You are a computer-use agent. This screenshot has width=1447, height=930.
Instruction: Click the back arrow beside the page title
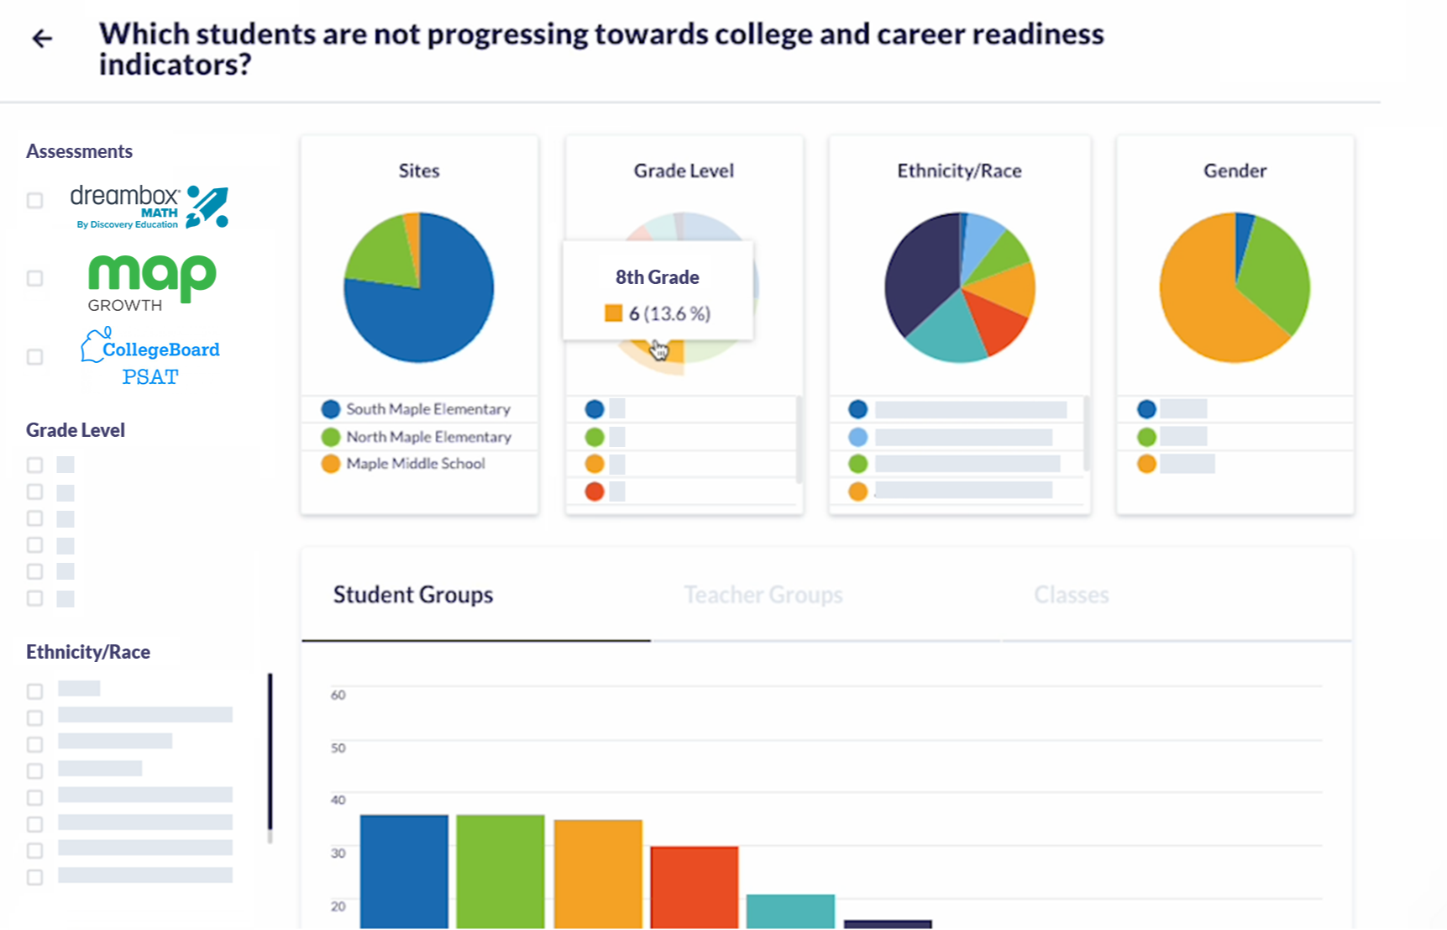pos(42,39)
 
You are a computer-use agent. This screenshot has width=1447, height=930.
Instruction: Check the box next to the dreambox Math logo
pos(34,200)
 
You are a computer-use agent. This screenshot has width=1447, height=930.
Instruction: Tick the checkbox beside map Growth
pos(34,278)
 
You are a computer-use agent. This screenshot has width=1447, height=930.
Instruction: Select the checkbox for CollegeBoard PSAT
pos(34,357)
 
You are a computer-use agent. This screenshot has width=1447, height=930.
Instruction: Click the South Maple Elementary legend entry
pos(427,409)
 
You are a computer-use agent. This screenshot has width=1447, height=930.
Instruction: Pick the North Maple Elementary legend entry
pos(428,437)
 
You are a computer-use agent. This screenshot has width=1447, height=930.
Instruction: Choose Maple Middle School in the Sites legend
pos(415,464)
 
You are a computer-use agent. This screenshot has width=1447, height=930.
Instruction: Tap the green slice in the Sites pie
pos(382,252)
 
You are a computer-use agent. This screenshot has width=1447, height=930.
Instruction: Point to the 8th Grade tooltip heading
pos(657,277)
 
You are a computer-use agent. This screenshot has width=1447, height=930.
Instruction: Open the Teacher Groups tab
pos(763,595)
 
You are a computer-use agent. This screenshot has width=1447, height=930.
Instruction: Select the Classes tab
pos(1071,595)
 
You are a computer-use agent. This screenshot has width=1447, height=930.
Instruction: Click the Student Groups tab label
pos(413,595)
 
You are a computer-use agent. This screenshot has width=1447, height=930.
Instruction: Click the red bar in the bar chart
pos(695,886)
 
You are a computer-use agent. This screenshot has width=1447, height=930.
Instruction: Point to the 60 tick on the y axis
pos(338,695)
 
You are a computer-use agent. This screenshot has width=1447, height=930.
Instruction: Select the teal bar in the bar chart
pos(790,911)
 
